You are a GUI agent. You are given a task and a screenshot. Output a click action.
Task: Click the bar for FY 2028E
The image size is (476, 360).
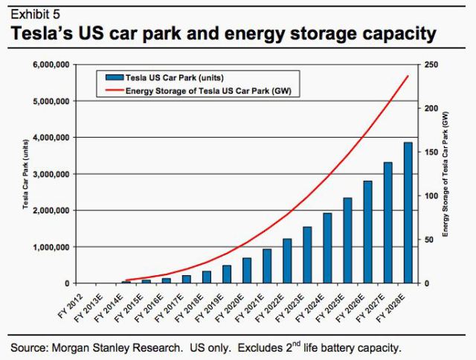point(408,213)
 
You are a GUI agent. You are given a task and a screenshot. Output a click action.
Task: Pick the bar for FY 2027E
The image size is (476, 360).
point(387,222)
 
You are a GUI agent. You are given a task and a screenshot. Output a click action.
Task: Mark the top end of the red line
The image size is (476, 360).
point(408,76)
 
